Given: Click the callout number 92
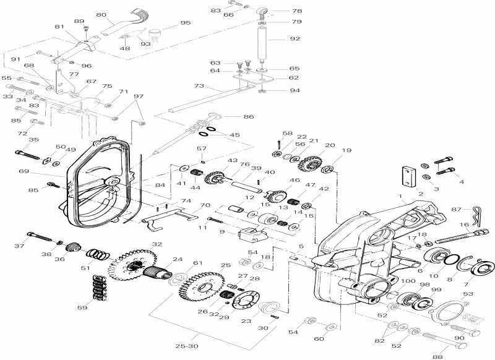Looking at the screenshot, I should (x=294, y=39).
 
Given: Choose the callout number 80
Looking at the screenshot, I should (x=101, y=14).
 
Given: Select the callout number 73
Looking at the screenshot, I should (x=199, y=86).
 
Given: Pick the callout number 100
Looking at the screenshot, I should (x=391, y=281).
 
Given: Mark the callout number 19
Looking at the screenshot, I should (x=346, y=150).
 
